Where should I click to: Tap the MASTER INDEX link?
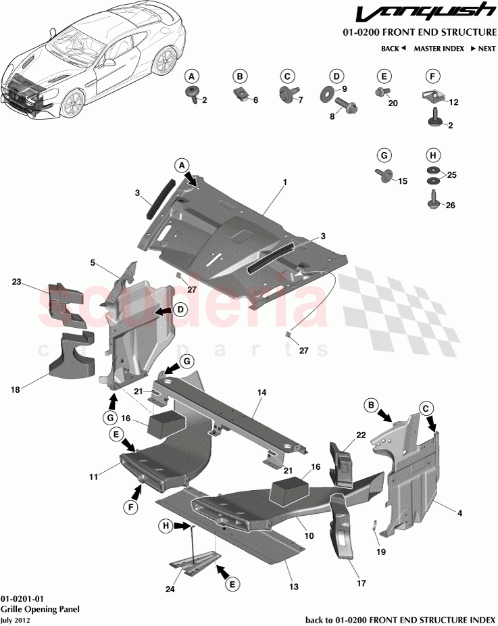click(439, 49)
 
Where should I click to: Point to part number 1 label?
click(285, 183)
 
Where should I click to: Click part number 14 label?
click(262, 392)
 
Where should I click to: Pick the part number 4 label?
click(460, 514)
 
